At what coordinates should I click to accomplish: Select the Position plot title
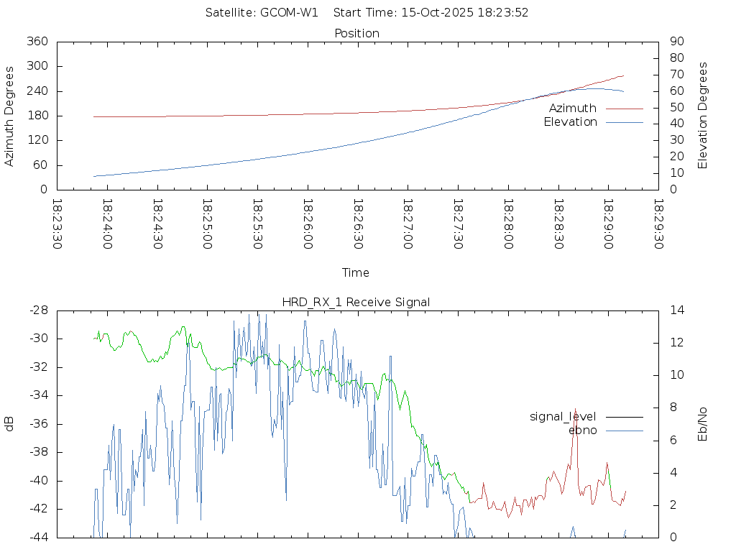(x=357, y=33)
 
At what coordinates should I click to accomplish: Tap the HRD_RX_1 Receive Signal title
(x=356, y=302)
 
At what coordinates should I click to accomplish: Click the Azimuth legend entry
(x=573, y=108)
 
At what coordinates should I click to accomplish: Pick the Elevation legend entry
(x=570, y=122)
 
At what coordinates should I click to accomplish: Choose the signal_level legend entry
(x=563, y=416)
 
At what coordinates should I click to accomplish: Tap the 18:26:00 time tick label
(x=307, y=225)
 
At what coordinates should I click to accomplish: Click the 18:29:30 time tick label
(x=658, y=225)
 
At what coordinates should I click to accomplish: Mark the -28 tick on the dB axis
(x=37, y=310)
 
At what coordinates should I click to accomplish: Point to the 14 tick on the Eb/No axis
(x=677, y=310)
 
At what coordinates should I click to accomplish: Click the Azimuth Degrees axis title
(x=10, y=116)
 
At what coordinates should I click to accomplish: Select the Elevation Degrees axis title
(x=703, y=116)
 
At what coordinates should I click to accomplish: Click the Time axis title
(x=356, y=272)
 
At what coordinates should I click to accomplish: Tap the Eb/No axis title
(x=703, y=424)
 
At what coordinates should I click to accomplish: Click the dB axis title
(x=10, y=424)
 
